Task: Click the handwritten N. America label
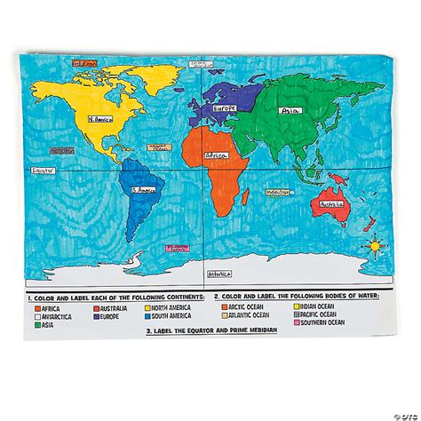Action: point(99,116)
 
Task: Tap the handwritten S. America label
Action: point(142,189)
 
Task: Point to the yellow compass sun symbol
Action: point(374,242)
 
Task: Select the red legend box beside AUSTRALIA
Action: point(97,307)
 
